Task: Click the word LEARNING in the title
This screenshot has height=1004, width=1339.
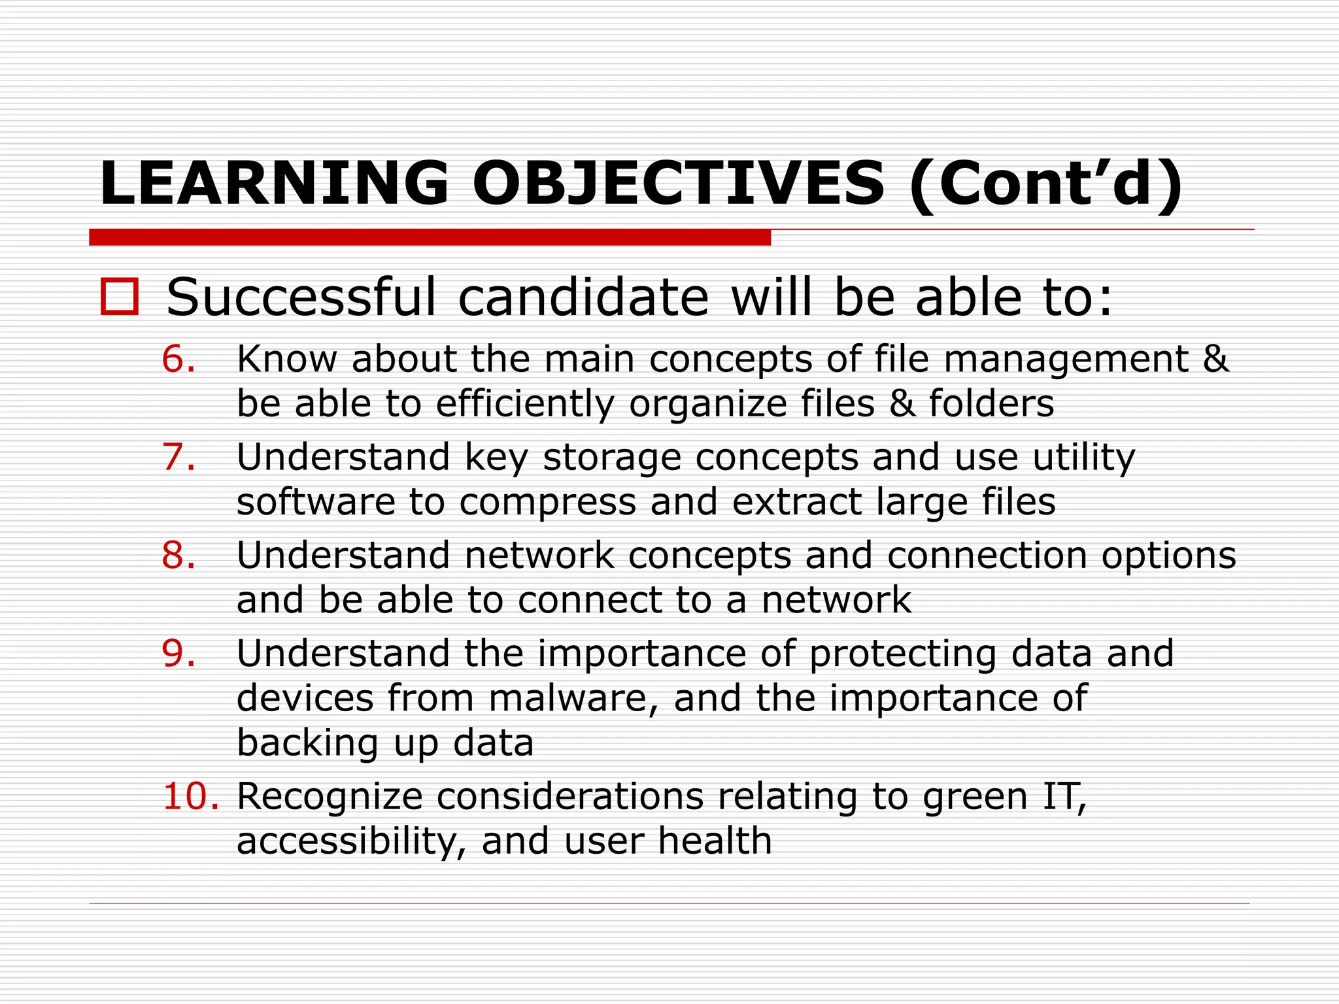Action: [x=273, y=184]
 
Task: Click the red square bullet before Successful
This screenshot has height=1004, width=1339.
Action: [x=120, y=297]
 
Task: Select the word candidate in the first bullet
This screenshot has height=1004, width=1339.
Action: [x=583, y=298]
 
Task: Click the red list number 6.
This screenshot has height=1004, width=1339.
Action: [x=178, y=359]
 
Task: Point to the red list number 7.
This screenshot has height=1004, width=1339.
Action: [x=178, y=457]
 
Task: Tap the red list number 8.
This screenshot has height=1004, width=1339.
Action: [x=178, y=555]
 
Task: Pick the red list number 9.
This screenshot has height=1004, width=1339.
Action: [x=178, y=653]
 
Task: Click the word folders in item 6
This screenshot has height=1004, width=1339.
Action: [x=991, y=403]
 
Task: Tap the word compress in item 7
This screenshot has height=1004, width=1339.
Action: [x=547, y=503]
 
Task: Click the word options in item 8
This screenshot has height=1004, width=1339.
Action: [x=1168, y=556]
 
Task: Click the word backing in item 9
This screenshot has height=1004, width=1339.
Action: [x=307, y=743]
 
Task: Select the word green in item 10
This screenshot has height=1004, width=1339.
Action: [x=975, y=797]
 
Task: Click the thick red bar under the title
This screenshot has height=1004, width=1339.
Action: [x=430, y=237]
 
